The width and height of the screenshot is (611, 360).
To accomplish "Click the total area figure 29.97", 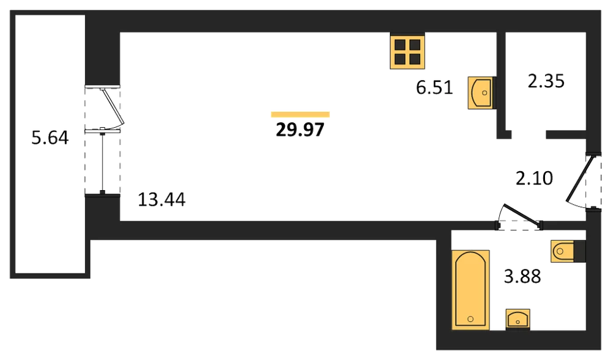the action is point(300,130).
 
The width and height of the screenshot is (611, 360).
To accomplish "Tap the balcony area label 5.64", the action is point(50,138).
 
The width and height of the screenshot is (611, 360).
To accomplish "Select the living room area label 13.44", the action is point(162,199).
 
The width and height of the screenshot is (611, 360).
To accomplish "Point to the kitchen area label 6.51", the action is point(434,87).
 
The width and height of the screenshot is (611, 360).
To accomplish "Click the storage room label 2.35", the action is point(546,81).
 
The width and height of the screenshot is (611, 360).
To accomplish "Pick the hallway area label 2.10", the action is point(534,178).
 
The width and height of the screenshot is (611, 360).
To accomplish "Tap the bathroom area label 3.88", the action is point(522,276).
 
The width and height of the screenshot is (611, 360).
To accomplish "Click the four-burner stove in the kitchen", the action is point(407,51).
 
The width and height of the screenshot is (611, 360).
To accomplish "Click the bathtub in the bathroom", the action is point(470,290).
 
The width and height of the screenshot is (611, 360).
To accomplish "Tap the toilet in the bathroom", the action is point(568,251).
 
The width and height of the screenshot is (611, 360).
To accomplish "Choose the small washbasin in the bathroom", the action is point(518,320).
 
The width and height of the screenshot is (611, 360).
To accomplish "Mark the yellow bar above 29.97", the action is point(301,114).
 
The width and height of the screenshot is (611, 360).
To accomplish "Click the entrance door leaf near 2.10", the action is point(580,178).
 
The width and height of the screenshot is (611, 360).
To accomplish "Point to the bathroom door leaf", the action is point(522,215).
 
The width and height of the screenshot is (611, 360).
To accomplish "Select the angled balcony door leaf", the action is point(113,106).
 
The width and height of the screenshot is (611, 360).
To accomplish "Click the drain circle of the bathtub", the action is point(470,319).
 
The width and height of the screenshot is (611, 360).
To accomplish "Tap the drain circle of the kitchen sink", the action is point(485,93).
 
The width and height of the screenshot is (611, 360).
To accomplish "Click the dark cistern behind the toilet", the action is point(580,251).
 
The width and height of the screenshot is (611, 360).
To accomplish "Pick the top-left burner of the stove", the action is point(400,45).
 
